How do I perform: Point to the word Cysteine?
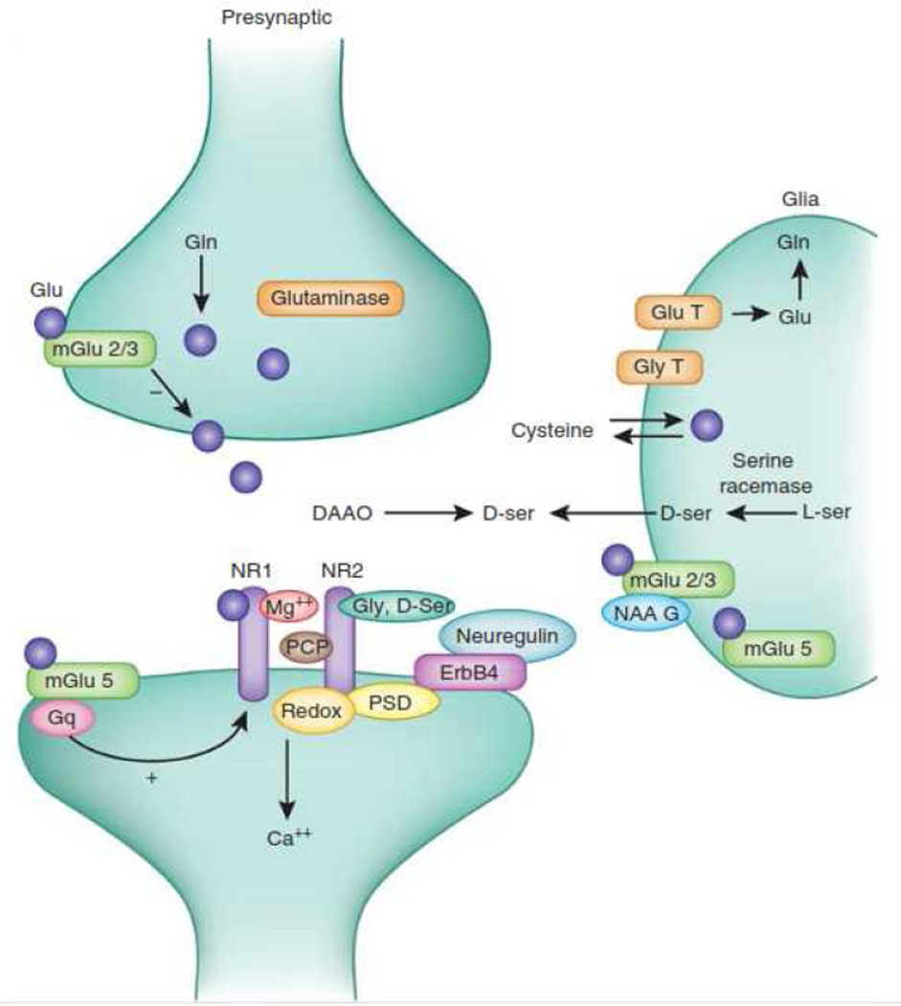pos(552,431)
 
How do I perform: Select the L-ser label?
pos(826,514)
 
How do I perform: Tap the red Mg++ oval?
pos(288,606)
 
